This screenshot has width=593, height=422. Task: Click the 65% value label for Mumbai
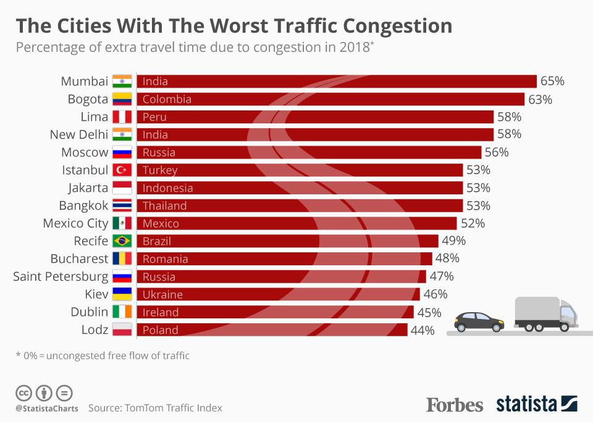click(x=552, y=81)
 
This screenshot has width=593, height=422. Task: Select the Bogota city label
click(x=88, y=99)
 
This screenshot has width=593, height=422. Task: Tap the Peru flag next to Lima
click(x=122, y=117)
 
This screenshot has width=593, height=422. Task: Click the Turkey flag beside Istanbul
click(x=122, y=170)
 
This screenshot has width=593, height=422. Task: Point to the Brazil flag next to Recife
click(x=122, y=241)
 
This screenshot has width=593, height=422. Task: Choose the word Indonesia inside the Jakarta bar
click(x=167, y=188)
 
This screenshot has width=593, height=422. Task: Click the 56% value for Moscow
click(x=497, y=152)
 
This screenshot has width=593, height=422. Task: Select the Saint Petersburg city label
click(x=61, y=276)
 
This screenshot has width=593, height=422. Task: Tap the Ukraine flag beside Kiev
click(x=122, y=294)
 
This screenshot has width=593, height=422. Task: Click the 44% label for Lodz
click(x=423, y=330)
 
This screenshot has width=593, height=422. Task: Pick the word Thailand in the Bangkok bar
click(x=164, y=206)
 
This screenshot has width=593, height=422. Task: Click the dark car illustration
click(x=479, y=321)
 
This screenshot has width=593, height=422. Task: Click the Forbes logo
click(x=455, y=405)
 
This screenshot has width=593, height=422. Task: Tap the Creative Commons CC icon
click(x=23, y=392)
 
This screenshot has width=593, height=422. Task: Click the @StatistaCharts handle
click(x=47, y=408)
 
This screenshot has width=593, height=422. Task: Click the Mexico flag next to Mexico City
click(x=122, y=223)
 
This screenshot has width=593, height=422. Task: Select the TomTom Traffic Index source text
click(x=174, y=408)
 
